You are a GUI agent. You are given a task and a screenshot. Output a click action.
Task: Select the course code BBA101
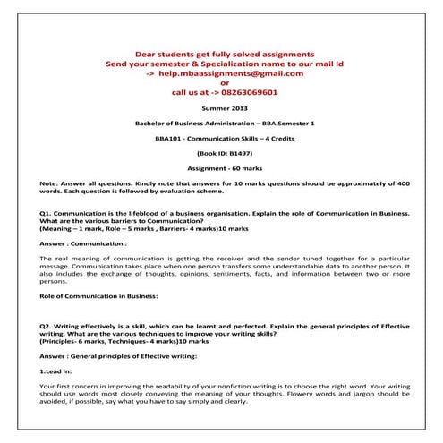point(171,139)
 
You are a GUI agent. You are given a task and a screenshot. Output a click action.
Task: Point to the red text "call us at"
point(194,92)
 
